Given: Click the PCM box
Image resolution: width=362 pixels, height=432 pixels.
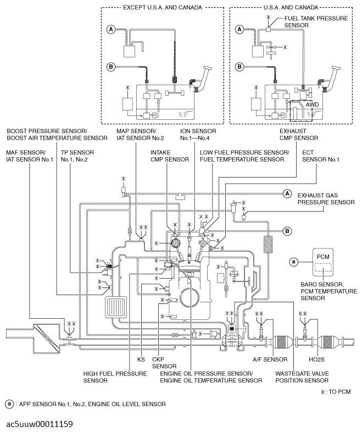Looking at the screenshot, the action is (322, 262).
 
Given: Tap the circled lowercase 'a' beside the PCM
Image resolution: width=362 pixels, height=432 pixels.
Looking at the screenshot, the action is (294, 262).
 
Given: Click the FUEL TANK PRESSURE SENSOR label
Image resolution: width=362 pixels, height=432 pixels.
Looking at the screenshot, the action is (316, 22).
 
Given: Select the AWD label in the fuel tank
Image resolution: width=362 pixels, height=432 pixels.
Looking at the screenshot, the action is (312, 104).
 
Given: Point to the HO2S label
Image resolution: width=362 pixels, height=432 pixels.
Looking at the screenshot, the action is (316, 359).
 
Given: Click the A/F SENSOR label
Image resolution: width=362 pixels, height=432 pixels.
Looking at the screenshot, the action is (270, 359).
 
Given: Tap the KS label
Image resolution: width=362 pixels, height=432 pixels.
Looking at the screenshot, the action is (141, 359).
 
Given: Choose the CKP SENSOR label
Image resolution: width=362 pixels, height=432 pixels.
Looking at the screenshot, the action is (164, 363).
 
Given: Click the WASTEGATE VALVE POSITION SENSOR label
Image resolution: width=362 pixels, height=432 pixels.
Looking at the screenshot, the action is (302, 377).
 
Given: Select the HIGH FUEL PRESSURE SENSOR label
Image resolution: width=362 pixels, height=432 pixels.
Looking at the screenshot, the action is (115, 377).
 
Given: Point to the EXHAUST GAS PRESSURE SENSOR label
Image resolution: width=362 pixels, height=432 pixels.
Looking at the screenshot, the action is (326, 199).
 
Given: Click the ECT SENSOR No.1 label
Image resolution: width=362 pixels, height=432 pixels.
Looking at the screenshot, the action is (321, 156).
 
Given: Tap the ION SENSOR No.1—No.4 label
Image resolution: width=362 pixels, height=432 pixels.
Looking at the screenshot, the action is (198, 135).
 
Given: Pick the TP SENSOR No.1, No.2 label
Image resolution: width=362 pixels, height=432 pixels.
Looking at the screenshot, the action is (77, 156).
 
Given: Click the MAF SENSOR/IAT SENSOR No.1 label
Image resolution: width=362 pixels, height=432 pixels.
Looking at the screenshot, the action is (30, 156).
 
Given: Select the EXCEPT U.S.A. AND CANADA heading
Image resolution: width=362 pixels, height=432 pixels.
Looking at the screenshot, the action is (163, 8).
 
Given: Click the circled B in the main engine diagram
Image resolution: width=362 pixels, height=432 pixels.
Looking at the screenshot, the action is (287, 231).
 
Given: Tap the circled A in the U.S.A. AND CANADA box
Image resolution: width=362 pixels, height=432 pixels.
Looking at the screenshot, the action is (240, 29).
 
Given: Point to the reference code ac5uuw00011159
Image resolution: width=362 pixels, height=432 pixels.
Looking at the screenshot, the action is (40, 424).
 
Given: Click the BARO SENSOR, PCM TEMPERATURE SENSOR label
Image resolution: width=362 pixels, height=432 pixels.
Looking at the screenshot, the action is (328, 291).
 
